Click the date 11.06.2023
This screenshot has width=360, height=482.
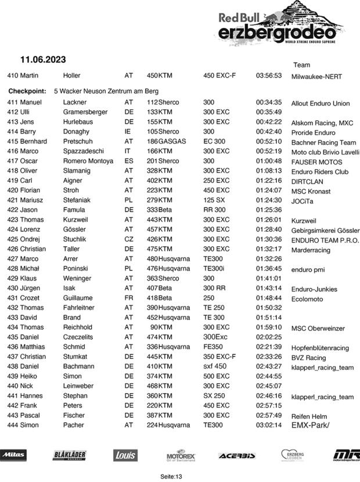tap(43, 59)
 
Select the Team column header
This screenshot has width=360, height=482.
tap(301, 65)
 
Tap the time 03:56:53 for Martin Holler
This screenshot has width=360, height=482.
tap(269, 75)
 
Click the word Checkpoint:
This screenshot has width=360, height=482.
tap(27, 91)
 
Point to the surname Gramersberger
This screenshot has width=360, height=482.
tap(85, 112)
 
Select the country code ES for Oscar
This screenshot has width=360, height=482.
tap(129, 161)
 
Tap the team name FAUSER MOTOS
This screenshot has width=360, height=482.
tap(316, 162)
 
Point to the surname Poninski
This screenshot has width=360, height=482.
tap(80, 268)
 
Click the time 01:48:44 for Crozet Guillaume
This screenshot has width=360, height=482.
tap(269, 298)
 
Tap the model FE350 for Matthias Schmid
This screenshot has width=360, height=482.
tap(214, 347)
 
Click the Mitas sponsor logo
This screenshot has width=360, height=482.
tap(13, 455)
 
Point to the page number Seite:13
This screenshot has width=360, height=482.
tap(171, 476)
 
